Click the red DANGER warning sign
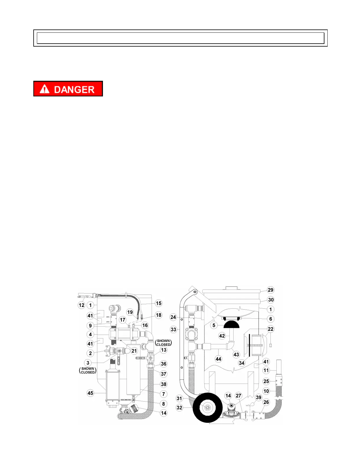[x=68, y=89]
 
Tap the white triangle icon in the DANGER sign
[x=45, y=89]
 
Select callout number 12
[x=82, y=305]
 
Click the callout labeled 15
[x=159, y=303]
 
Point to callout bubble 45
[x=90, y=393]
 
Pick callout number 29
[x=270, y=290]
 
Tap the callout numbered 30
[x=270, y=300]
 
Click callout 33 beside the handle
[x=173, y=329]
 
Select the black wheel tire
[x=207, y=408]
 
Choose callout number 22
[x=270, y=329]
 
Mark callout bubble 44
[x=218, y=359]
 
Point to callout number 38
[x=164, y=384]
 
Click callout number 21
[x=134, y=351]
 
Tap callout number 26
[x=266, y=402]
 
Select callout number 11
[x=266, y=370]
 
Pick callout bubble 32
[x=179, y=408]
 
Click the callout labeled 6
[x=270, y=319]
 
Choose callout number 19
[x=130, y=312]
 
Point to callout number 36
[x=164, y=364]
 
